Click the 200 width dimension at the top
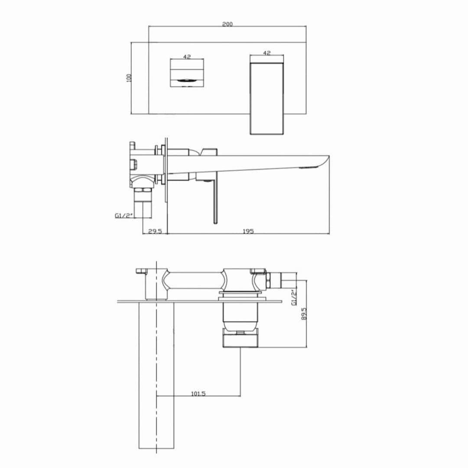227,24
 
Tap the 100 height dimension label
128,78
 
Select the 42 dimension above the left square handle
187,56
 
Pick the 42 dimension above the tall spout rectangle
267,53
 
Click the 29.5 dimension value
155,231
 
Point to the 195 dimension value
248,231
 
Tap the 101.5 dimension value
198,393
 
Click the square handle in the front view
187,74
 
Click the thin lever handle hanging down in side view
214,201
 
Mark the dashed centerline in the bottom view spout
156,347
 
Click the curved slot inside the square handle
187,80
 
